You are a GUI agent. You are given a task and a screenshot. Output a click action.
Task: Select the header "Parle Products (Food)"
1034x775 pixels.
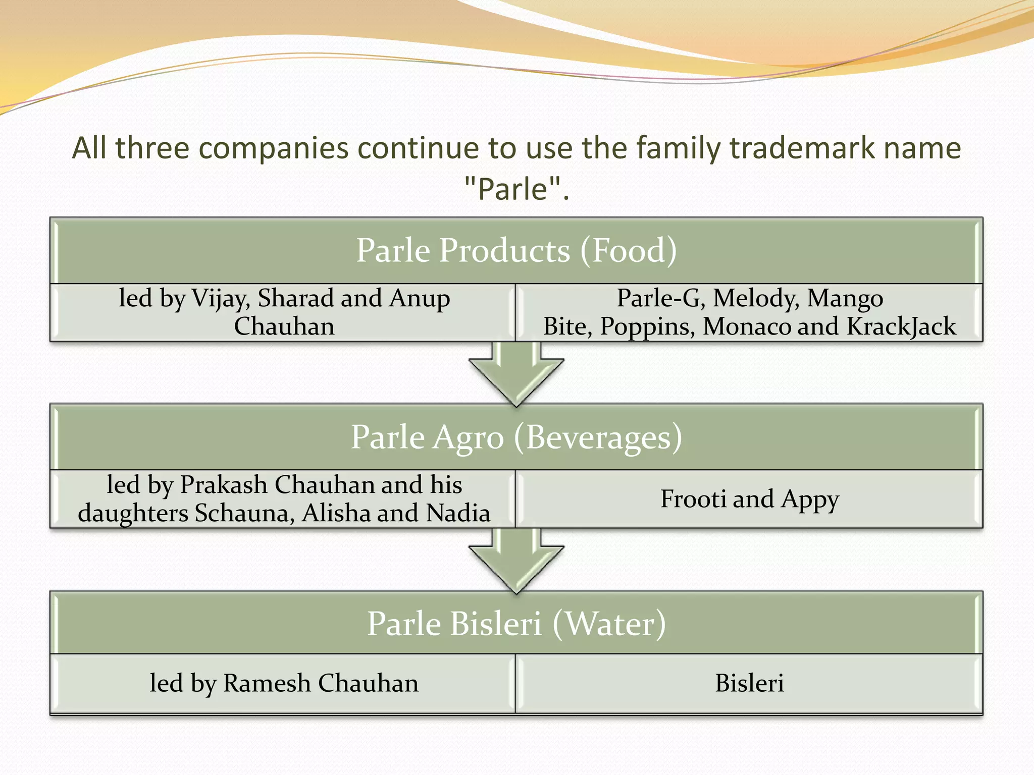pos(516,250)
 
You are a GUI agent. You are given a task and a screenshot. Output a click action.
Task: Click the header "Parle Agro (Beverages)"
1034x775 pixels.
pos(516,437)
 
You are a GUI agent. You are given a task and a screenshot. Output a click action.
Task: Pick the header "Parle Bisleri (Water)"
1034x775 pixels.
pos(516,624)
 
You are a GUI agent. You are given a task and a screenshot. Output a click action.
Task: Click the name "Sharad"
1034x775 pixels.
pos(295,298)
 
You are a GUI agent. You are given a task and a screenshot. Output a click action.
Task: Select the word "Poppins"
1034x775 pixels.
pos(647,326)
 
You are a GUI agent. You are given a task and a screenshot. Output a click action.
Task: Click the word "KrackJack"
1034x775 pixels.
pos(901,326)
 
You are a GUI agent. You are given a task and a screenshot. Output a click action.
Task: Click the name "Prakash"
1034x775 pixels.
pos(224,485)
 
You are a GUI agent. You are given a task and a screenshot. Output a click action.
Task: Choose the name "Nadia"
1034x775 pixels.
pos(458,513)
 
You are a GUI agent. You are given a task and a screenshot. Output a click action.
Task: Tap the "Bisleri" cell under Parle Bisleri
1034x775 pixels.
pos(749,683)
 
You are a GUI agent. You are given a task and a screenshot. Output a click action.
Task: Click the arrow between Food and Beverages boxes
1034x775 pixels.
pos(516,376)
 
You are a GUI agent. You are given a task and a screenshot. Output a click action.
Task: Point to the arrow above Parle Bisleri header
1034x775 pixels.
pos(516,562)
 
